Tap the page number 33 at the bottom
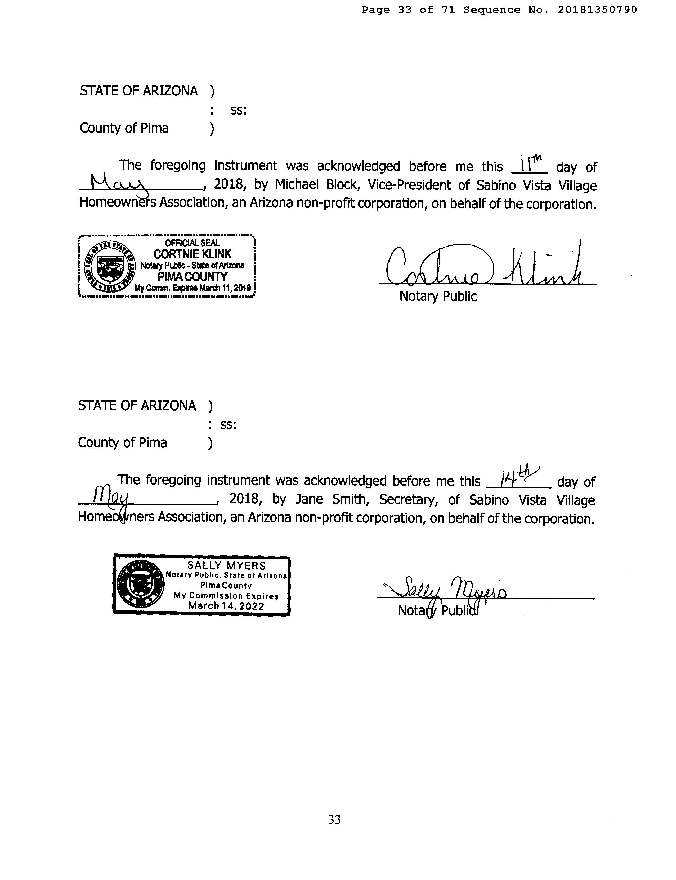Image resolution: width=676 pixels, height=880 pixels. coord(334,819)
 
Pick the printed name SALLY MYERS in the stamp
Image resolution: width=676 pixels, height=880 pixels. coord(227,566)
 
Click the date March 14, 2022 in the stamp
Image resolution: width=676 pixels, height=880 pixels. coord(226,606)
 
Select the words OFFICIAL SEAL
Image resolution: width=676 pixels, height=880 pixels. coord(192,243)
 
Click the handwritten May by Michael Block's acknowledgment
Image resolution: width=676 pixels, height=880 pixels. coord(118,183)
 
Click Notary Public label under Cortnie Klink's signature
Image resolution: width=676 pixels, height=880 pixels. coord(438,296)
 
